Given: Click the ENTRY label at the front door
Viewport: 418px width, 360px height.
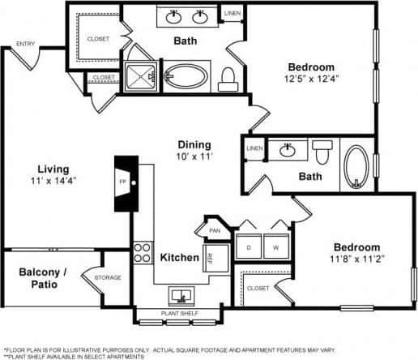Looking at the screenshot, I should tap(25, 44).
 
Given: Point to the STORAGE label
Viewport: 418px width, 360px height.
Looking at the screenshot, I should tap(107, 278).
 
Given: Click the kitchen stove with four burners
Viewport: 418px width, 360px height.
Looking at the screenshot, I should tap(143, 251).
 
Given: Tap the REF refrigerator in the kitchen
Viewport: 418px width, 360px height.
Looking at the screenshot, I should tap(207, 259).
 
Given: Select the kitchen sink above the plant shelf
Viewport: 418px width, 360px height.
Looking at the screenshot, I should tap(180, 294).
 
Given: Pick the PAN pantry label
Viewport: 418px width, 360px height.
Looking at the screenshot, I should tap(215, 230).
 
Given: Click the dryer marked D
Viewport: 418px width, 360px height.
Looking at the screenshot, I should tap(248, 246).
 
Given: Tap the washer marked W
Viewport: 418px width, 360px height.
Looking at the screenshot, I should tap(275, 246).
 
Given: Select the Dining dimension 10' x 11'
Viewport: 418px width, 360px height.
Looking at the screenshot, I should tap(194, 157).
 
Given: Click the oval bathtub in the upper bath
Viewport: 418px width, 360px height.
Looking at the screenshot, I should tap(186, 77).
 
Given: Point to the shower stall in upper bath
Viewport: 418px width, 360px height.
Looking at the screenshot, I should tap(141, 76).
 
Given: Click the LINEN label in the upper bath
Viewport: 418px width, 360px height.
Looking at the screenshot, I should tap(232, 14).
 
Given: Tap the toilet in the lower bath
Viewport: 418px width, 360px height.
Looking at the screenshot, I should tap(323, 151).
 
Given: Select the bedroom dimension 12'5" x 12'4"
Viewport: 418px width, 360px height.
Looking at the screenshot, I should tap(312, 79).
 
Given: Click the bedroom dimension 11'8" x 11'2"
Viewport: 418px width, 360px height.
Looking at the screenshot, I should tap(356, 259).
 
